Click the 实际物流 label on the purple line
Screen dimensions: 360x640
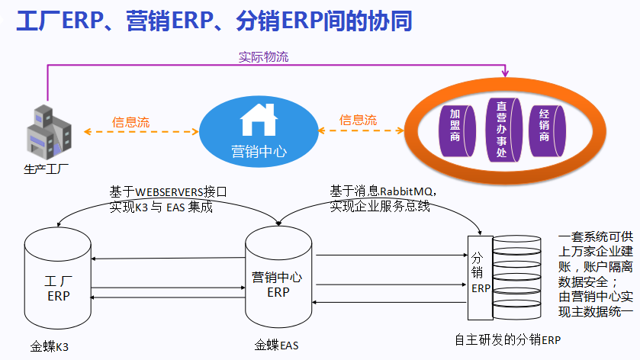(x=264, y=56)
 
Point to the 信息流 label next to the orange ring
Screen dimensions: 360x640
(x=358, y=120)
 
